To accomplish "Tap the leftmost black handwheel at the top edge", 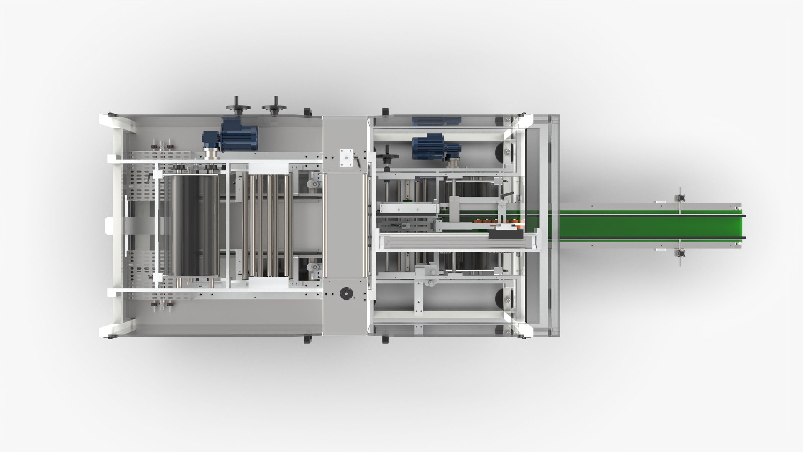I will click(235, 106).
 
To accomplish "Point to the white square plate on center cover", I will click(346, 157).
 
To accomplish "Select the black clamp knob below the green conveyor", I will click(680, 254).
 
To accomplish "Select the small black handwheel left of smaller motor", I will click(387, 157).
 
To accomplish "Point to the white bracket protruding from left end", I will click(109, 226).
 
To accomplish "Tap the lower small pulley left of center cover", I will click(312, 267).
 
